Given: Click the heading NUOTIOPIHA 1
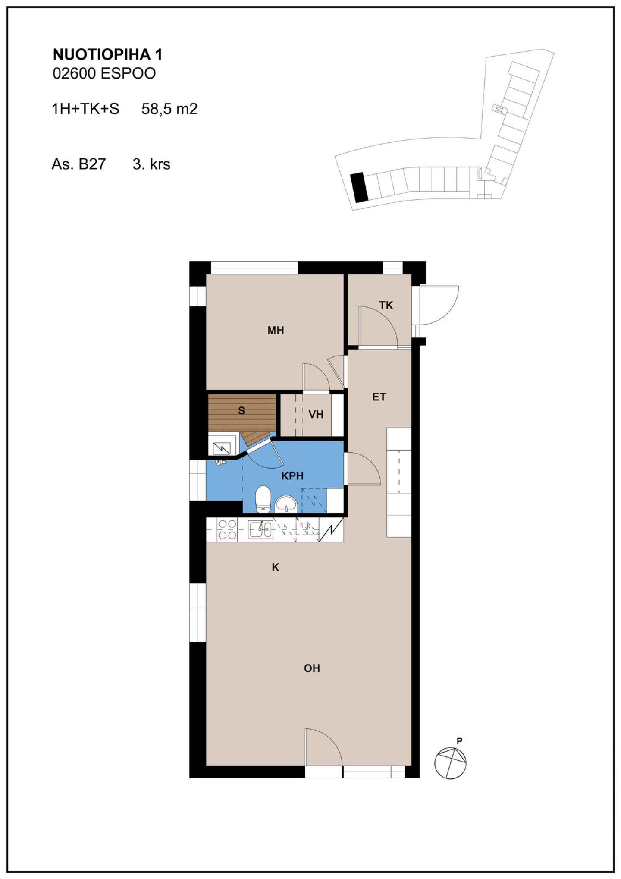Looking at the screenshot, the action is click(107, 55).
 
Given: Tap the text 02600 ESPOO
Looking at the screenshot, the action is click(104, 74).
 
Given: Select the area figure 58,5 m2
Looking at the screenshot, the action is click(169, 109).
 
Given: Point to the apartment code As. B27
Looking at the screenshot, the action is click(78, 164).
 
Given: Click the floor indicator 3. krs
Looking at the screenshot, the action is click(151, 164).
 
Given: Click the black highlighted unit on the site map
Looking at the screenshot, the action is click(359, 187).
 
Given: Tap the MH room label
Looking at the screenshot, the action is click(276, 331).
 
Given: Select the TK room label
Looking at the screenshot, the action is click(386, 306).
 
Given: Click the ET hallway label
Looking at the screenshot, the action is click(379, 397).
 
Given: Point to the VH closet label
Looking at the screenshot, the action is click(316, 415).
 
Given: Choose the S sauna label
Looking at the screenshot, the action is click(241, 411).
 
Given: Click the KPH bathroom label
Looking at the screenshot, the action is click(292, 476).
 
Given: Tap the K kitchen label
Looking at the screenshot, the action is click(276, 567).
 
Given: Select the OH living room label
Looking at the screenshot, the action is click(312, 668).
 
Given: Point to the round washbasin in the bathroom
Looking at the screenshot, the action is click(286, 504).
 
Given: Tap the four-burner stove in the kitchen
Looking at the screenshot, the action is click(227, 529).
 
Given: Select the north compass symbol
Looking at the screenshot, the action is click(450, 762).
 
